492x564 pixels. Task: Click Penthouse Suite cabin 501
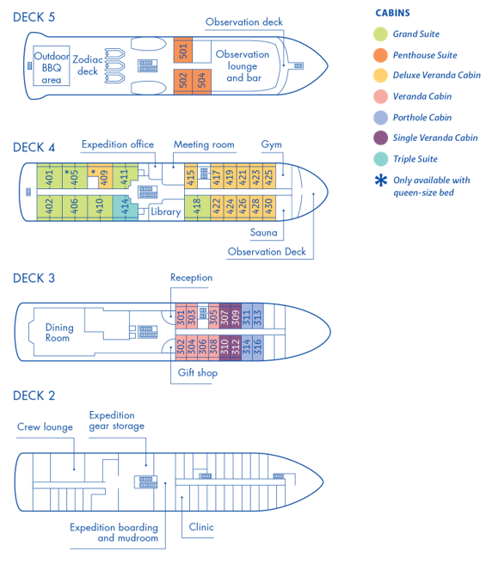tap(183, 50)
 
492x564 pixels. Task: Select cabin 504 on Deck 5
tap(201, 81)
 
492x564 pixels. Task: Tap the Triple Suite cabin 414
tap(125, 208)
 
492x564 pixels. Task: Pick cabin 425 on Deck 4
tap(269, 176)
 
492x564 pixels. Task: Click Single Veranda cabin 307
tap(224, 316)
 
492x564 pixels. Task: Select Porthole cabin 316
tap(258, 347)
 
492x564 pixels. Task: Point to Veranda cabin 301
tap(181, 316)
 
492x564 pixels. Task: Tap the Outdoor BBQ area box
tap(52, 66)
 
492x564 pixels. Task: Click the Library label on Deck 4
tap(165, 211)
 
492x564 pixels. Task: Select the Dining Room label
tap(59, 333)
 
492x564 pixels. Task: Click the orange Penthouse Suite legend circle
tap(380, 55)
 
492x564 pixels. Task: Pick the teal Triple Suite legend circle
tap(380, 158)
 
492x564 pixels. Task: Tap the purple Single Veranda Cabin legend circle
tap(380, 138)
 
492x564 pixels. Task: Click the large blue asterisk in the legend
tap(381, 181)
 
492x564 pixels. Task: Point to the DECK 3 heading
tap(34, 278)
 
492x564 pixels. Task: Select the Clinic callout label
tap(201, 527)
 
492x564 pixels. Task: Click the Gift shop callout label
tap(198, 372)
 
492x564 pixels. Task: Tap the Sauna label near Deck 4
tap(264, 232)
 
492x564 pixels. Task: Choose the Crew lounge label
tap(45, 427)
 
